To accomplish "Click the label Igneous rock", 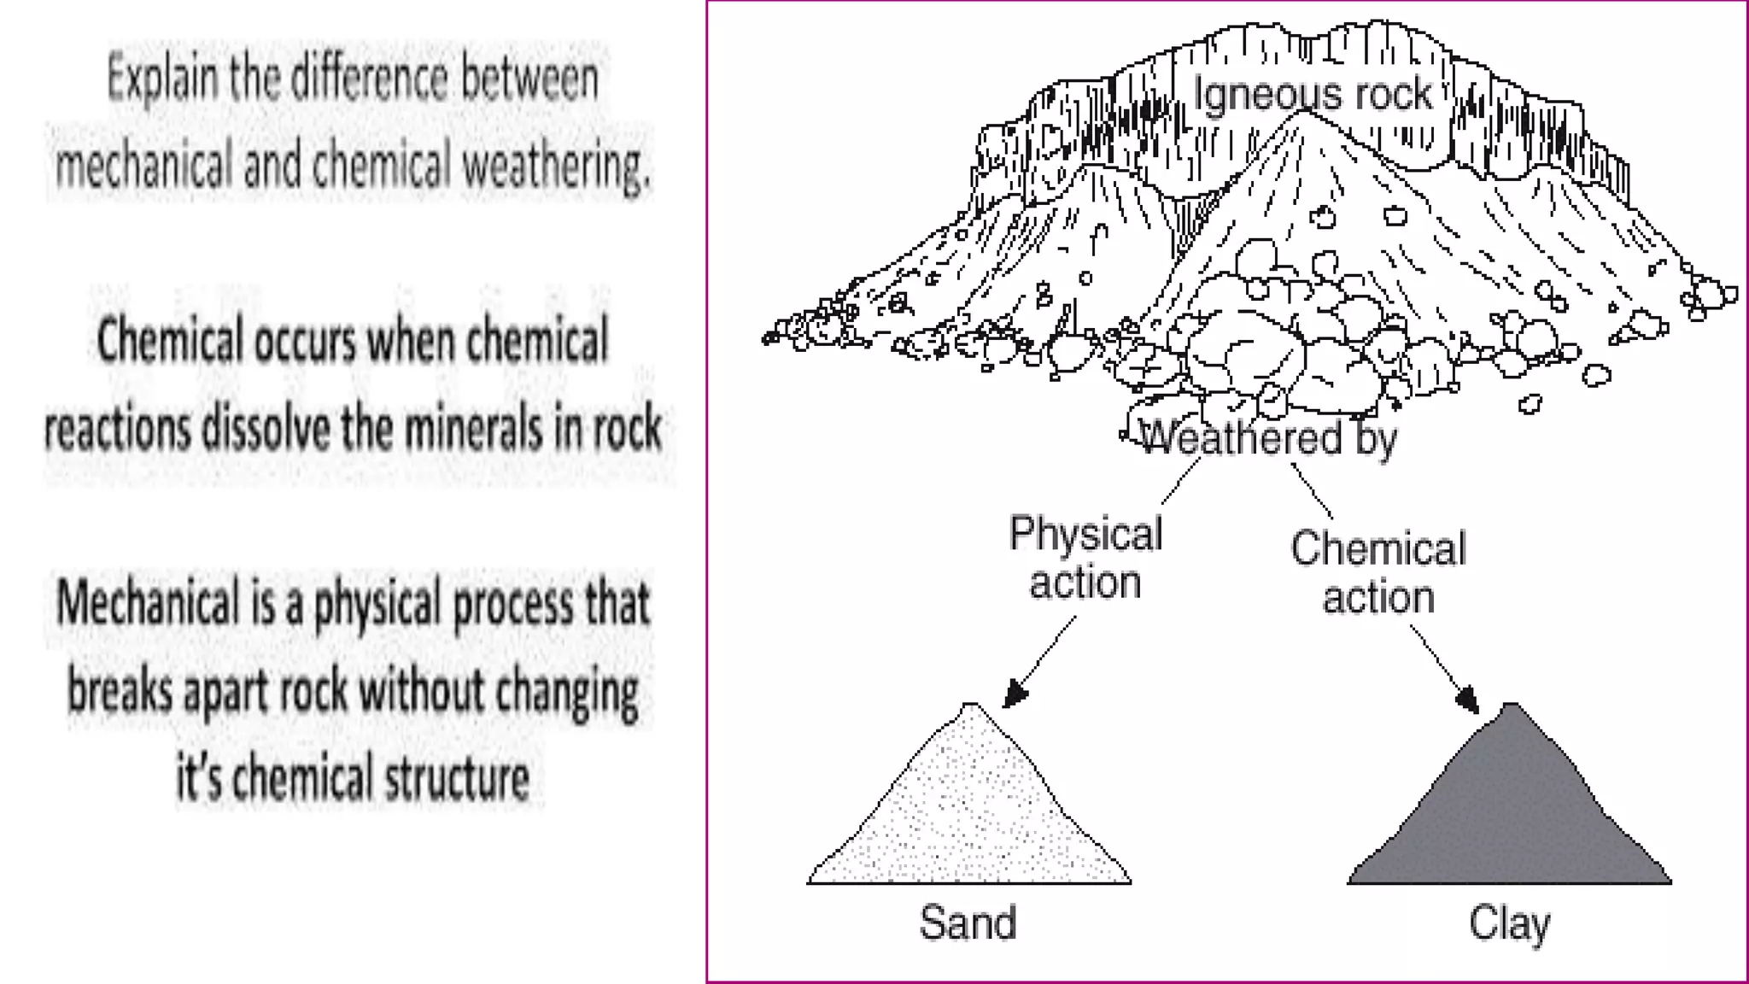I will (1312, 93).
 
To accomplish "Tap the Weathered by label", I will (1268, 439).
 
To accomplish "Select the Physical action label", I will (1085, 558).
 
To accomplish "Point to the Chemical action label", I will (1378, 572).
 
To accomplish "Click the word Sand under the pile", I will (968, 922).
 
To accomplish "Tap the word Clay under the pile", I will (1509, 923).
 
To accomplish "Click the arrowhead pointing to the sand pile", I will (1014, 694).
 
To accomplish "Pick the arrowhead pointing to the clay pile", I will (1466, 700).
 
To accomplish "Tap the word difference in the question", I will (370, 79).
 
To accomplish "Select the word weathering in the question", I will (556, 165).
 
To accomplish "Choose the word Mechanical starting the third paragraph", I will (147, 603).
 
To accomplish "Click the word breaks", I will (120, 691).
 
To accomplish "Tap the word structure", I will (456, 778).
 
